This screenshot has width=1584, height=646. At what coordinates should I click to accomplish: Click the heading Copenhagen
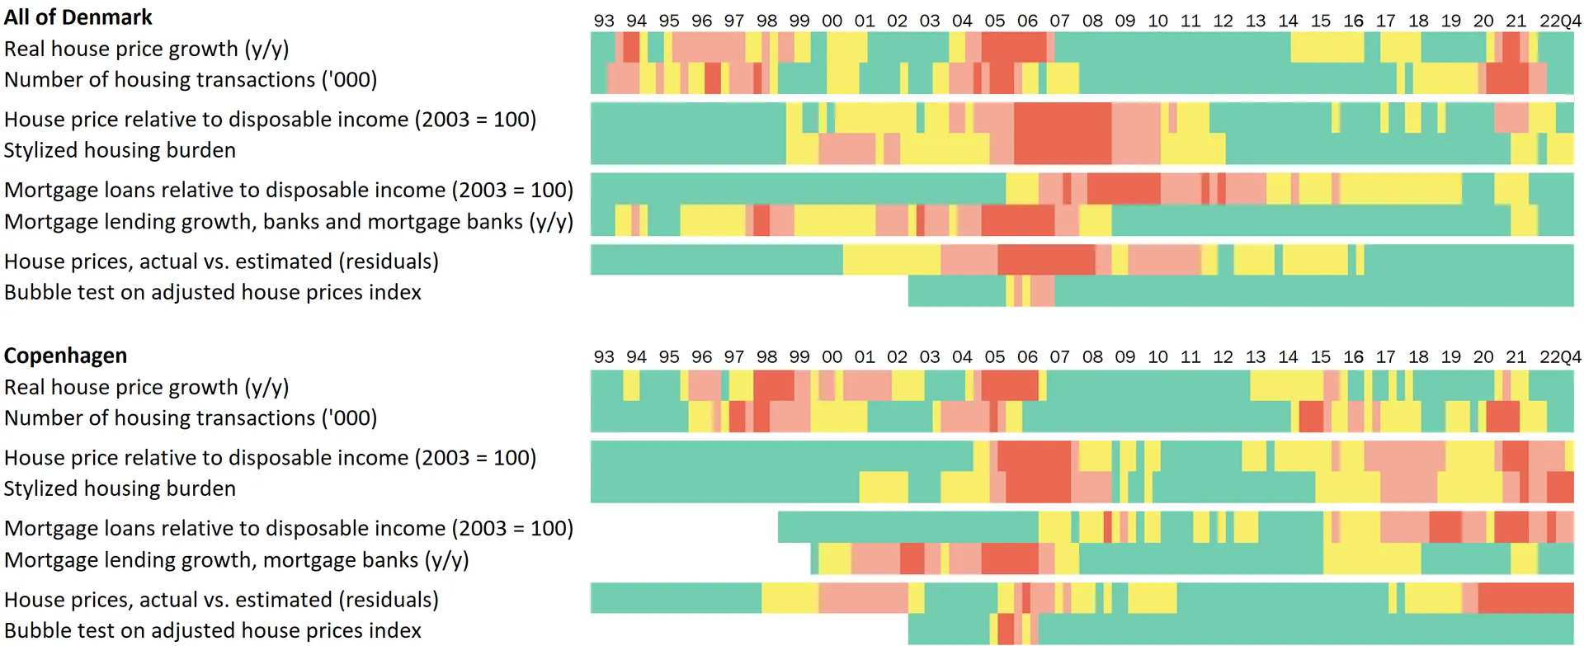[x=65, y=356]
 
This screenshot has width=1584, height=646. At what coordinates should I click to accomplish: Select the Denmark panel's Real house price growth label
[x=146, y=49]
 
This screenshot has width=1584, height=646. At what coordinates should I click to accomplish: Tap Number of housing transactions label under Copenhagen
[x=191, y=418]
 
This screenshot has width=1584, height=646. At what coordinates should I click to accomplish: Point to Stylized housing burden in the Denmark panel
[x=120, y=150]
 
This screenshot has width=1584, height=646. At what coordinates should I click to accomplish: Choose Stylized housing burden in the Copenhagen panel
[x=120, y=488]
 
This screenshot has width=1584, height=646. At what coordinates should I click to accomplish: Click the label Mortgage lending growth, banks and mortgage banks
[x=288, y=222]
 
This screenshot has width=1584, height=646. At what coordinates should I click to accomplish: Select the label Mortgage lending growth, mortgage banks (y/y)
[x=236, y=560]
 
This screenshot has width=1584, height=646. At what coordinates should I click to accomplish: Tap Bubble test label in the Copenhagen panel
[x=212, y=630]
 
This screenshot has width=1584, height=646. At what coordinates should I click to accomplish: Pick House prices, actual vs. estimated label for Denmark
[x=221, y=262]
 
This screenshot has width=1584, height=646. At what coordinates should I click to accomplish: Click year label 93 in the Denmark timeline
[x=604, y=21]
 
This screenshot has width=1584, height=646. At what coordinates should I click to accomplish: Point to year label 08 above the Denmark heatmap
[x=1092, y=21]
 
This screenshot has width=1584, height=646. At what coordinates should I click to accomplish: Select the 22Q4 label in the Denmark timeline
[x=1560, y=21]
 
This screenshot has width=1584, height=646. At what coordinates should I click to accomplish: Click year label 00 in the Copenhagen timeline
[x=832, y=357]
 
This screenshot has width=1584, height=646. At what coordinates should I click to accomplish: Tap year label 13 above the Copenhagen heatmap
[x=1256, y=357]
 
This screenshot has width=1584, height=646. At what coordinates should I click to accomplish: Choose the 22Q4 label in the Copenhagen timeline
[x=1560, y=357]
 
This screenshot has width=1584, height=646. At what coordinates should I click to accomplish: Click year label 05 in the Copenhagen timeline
[x=995, y=357]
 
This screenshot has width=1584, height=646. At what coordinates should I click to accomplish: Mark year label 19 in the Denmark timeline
[x=1451, y=21]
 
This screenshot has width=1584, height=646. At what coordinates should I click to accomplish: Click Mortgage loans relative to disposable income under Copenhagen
[x=288, y=528]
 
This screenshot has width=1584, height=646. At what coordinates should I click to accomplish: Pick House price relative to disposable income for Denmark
[x=270, y=120]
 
